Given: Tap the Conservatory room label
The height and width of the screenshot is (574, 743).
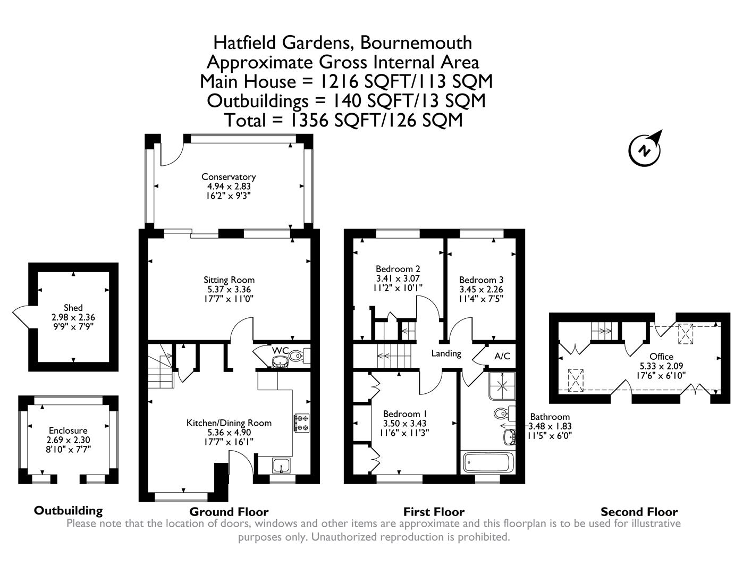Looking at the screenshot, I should (x=229, y=177).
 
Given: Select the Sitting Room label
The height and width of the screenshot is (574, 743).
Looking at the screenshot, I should (x=229, y=280).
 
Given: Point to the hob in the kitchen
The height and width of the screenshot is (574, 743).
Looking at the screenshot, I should (x=302, y=422).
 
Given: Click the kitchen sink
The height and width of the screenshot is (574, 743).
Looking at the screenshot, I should (x=280, y=465).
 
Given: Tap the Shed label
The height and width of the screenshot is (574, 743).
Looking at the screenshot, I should (x=73, y=308).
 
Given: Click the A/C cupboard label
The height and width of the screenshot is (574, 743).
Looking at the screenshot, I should (x=502, y=356).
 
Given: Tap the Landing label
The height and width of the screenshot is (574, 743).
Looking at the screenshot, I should (x=446, y=353).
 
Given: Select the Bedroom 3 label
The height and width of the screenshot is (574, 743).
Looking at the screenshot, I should (x=481, y=280).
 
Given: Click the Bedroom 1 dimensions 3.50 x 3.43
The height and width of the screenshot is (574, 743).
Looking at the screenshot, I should (x=405, y=424).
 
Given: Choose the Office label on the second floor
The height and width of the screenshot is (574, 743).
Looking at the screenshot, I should (x=661, y=357).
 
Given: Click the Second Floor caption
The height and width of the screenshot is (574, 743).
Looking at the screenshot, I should (x=639, y=512).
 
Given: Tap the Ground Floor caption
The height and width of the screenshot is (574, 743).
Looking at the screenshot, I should (x=229, y=512).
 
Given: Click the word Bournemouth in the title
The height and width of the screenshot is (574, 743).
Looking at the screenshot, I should (x=417, y=42).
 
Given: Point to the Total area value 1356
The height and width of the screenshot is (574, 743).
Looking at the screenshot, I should (x=310, y=120).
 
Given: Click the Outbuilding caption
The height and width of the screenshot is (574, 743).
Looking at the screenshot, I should (x=68, y=511).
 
